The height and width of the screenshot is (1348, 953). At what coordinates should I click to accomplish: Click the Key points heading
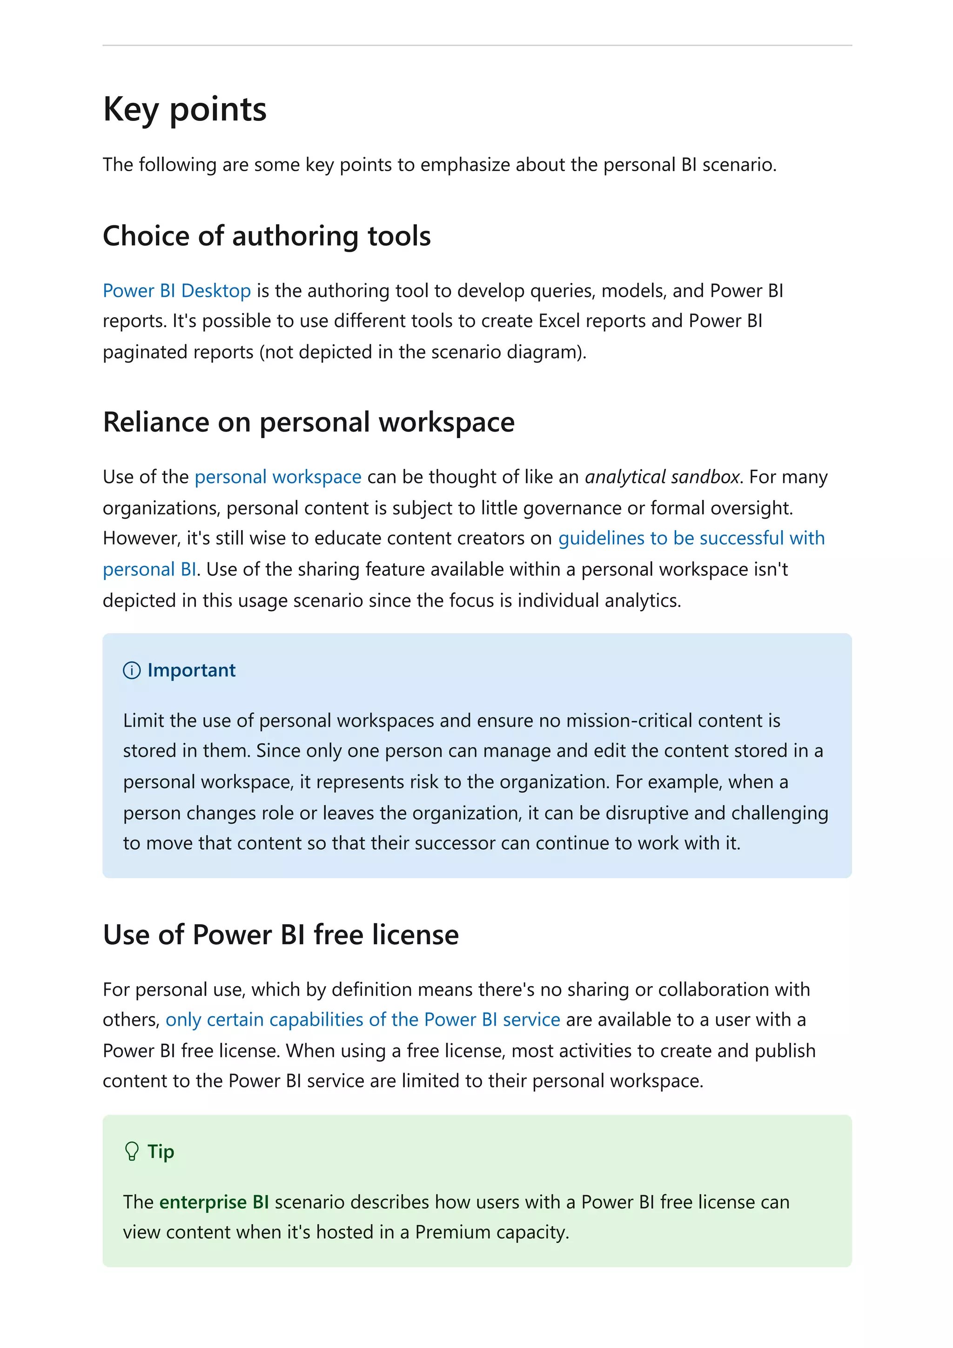[x=184, y=110]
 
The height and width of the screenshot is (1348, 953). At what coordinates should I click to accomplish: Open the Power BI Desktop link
[x=177, y=291]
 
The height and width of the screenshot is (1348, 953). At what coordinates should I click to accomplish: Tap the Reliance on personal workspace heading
[x=308, y=422]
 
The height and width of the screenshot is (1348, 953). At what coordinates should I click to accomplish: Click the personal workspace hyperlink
[x=278, y=477]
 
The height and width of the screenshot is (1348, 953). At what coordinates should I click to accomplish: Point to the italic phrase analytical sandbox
[x=662, y=477]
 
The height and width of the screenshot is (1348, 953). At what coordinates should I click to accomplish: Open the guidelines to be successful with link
[x=691, y=538]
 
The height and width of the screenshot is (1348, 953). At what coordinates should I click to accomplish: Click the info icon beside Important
[x=132, y=670]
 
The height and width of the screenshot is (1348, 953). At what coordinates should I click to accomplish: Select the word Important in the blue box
[x=191, y=670]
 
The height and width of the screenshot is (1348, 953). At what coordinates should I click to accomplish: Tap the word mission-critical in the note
[x=629, y=721]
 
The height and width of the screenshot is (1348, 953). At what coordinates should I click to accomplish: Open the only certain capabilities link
[x=362, y=1020]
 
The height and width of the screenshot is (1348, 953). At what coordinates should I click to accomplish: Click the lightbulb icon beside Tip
[x=132, y=1151]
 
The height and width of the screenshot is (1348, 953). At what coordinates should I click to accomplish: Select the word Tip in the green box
[x=160, y=1151]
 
